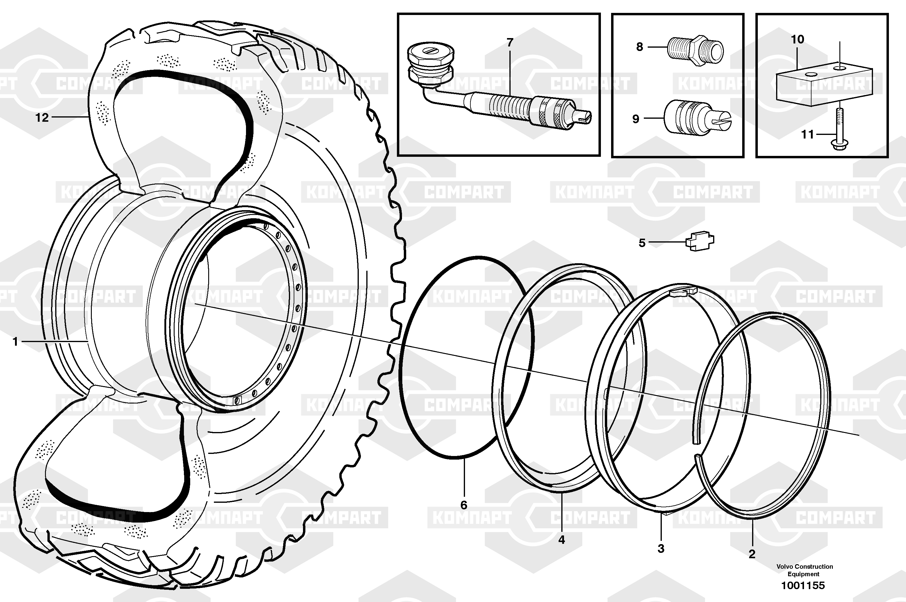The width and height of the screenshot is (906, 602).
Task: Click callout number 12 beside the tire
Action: [42, 118]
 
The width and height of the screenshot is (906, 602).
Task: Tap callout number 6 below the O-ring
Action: [464, 505]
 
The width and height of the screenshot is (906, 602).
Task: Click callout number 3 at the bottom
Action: [661, 549]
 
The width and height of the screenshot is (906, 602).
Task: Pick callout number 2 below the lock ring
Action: [752, 554]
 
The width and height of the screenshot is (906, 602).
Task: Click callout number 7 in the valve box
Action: [510, 43]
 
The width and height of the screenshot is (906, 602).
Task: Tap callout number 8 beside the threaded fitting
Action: [639, 47]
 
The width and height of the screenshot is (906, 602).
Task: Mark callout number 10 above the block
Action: [797, 40]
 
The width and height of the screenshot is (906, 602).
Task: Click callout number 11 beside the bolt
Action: [807, 134]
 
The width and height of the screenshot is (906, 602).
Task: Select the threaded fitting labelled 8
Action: [695, 51]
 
